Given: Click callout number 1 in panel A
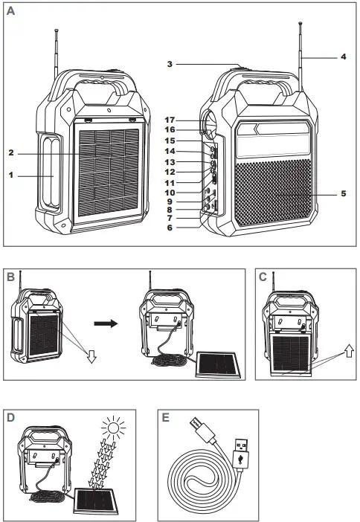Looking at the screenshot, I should point(11,175).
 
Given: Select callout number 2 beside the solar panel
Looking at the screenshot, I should point(11,153).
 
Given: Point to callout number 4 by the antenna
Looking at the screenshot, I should point(343,57).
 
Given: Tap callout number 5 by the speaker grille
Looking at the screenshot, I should point(343,195).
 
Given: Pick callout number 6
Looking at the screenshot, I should point(170,228).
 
